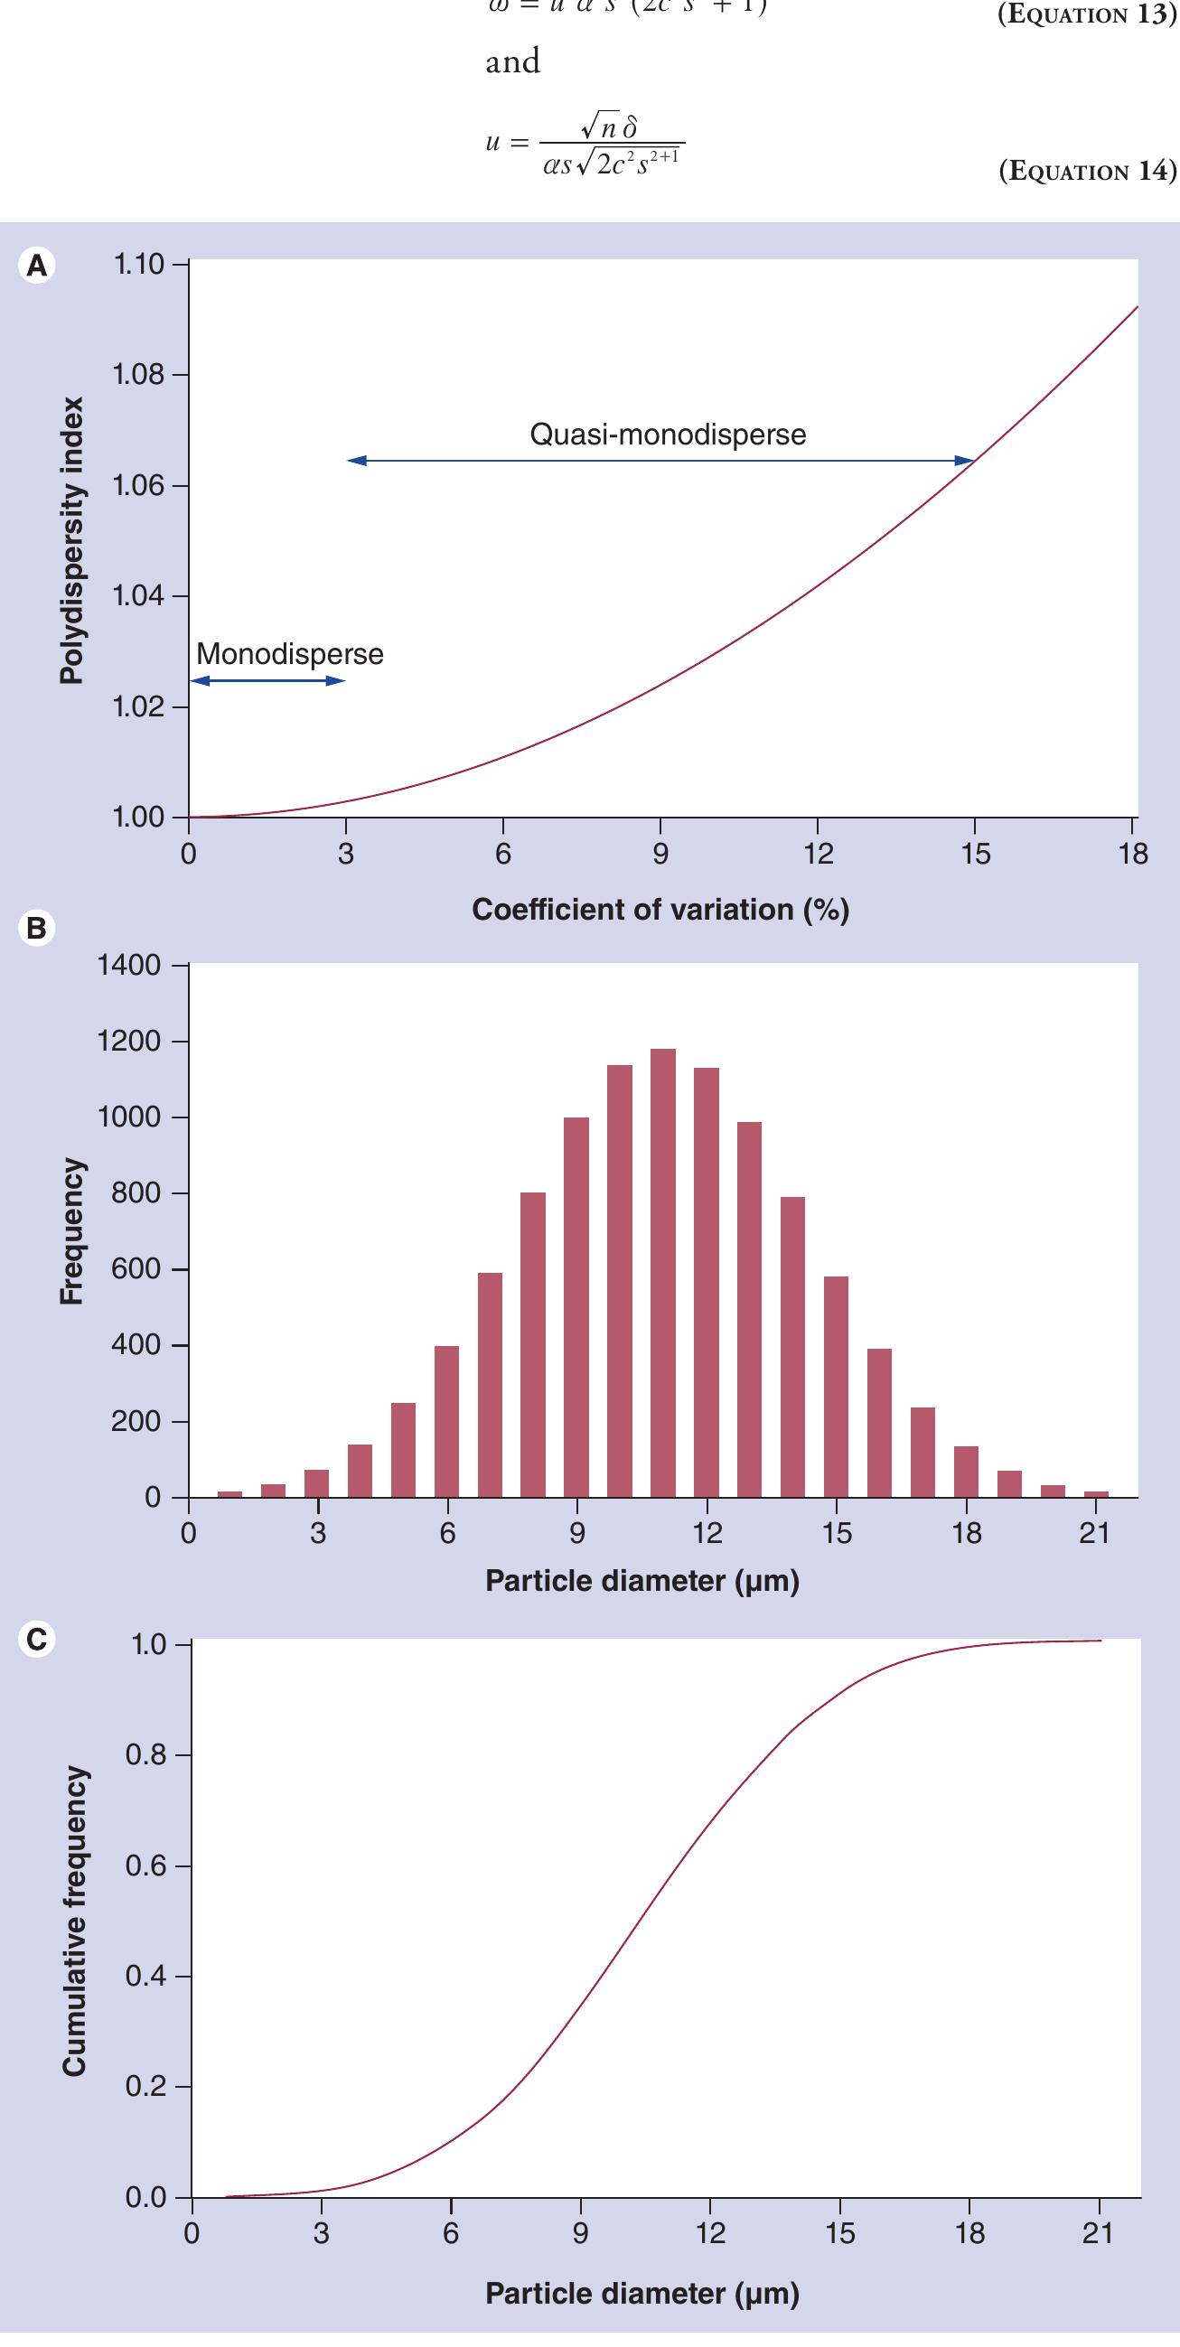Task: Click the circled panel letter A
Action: point(36,265)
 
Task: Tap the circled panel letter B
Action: point(36,928)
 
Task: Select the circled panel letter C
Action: point(36,1639)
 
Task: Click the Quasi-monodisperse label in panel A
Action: point(667,435)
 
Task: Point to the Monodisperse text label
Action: point(290,654)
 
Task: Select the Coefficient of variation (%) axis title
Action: point(660,910)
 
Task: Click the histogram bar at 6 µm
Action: point(446,1421)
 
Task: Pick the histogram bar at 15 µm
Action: point(836,1385)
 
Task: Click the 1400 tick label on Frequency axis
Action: point(128,965)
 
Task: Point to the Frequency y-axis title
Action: point(71,1230)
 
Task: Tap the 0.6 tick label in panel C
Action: point(145,1865)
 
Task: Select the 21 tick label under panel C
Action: point(1097,2233)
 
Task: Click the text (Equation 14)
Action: point(1087,172)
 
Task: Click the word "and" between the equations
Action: point(513,62)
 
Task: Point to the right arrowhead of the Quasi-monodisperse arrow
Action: point(967,461)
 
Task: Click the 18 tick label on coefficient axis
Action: point(1133,854)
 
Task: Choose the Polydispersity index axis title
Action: point(71,540)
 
